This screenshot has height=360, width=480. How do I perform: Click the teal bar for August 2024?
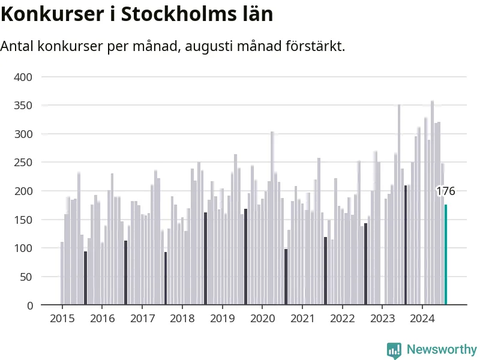(x=446, y=254)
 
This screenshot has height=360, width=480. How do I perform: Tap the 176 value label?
(x=445, y=191)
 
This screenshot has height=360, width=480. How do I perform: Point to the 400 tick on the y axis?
(x=23, y=77)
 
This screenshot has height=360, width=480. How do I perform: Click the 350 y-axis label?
(x=23, y=106)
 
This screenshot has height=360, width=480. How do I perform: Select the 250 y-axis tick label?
(x=23, y=163)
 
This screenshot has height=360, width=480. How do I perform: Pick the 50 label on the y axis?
(x=26, y=277)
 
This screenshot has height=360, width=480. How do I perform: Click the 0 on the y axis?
(x=29, y=305)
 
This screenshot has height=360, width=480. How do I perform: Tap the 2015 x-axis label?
(x=62, y=319)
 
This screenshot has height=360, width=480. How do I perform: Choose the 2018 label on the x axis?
(x=182, y=319)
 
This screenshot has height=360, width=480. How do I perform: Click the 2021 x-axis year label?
(x=302, y=319)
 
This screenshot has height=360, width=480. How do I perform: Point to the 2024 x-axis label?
(x=422, y=319)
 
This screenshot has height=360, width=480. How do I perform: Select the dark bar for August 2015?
(x=85, y=278)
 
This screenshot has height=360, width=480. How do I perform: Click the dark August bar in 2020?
(x=286, y=277)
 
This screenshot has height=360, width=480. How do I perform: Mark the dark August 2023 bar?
(x=406, y=245)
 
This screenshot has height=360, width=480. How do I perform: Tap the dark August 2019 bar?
(x=245, y=257)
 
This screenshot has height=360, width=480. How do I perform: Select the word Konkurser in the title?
(x=52, y=14)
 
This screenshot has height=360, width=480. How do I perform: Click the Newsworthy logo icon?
(x=394, y=350)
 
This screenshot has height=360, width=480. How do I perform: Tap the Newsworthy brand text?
(x=442, y=349)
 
